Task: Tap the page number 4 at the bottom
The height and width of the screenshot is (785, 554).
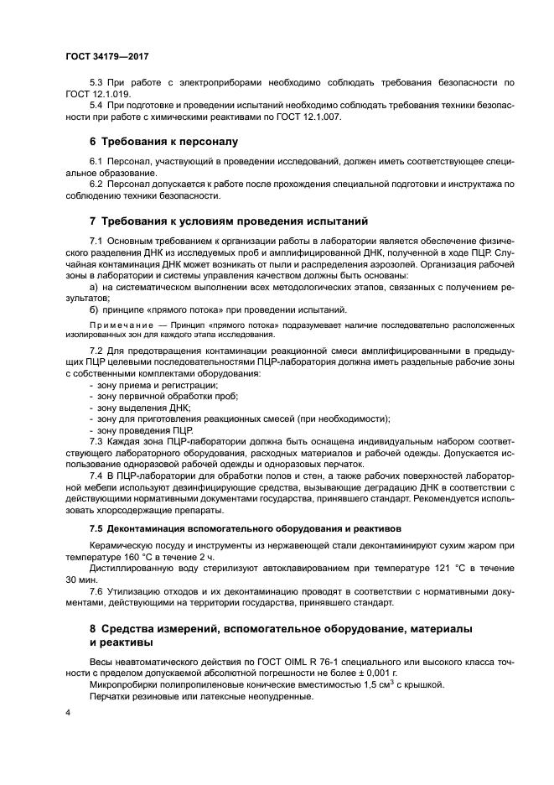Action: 69,712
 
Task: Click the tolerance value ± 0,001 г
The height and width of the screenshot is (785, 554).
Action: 370,673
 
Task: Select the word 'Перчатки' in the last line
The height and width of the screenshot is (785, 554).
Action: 111,696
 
